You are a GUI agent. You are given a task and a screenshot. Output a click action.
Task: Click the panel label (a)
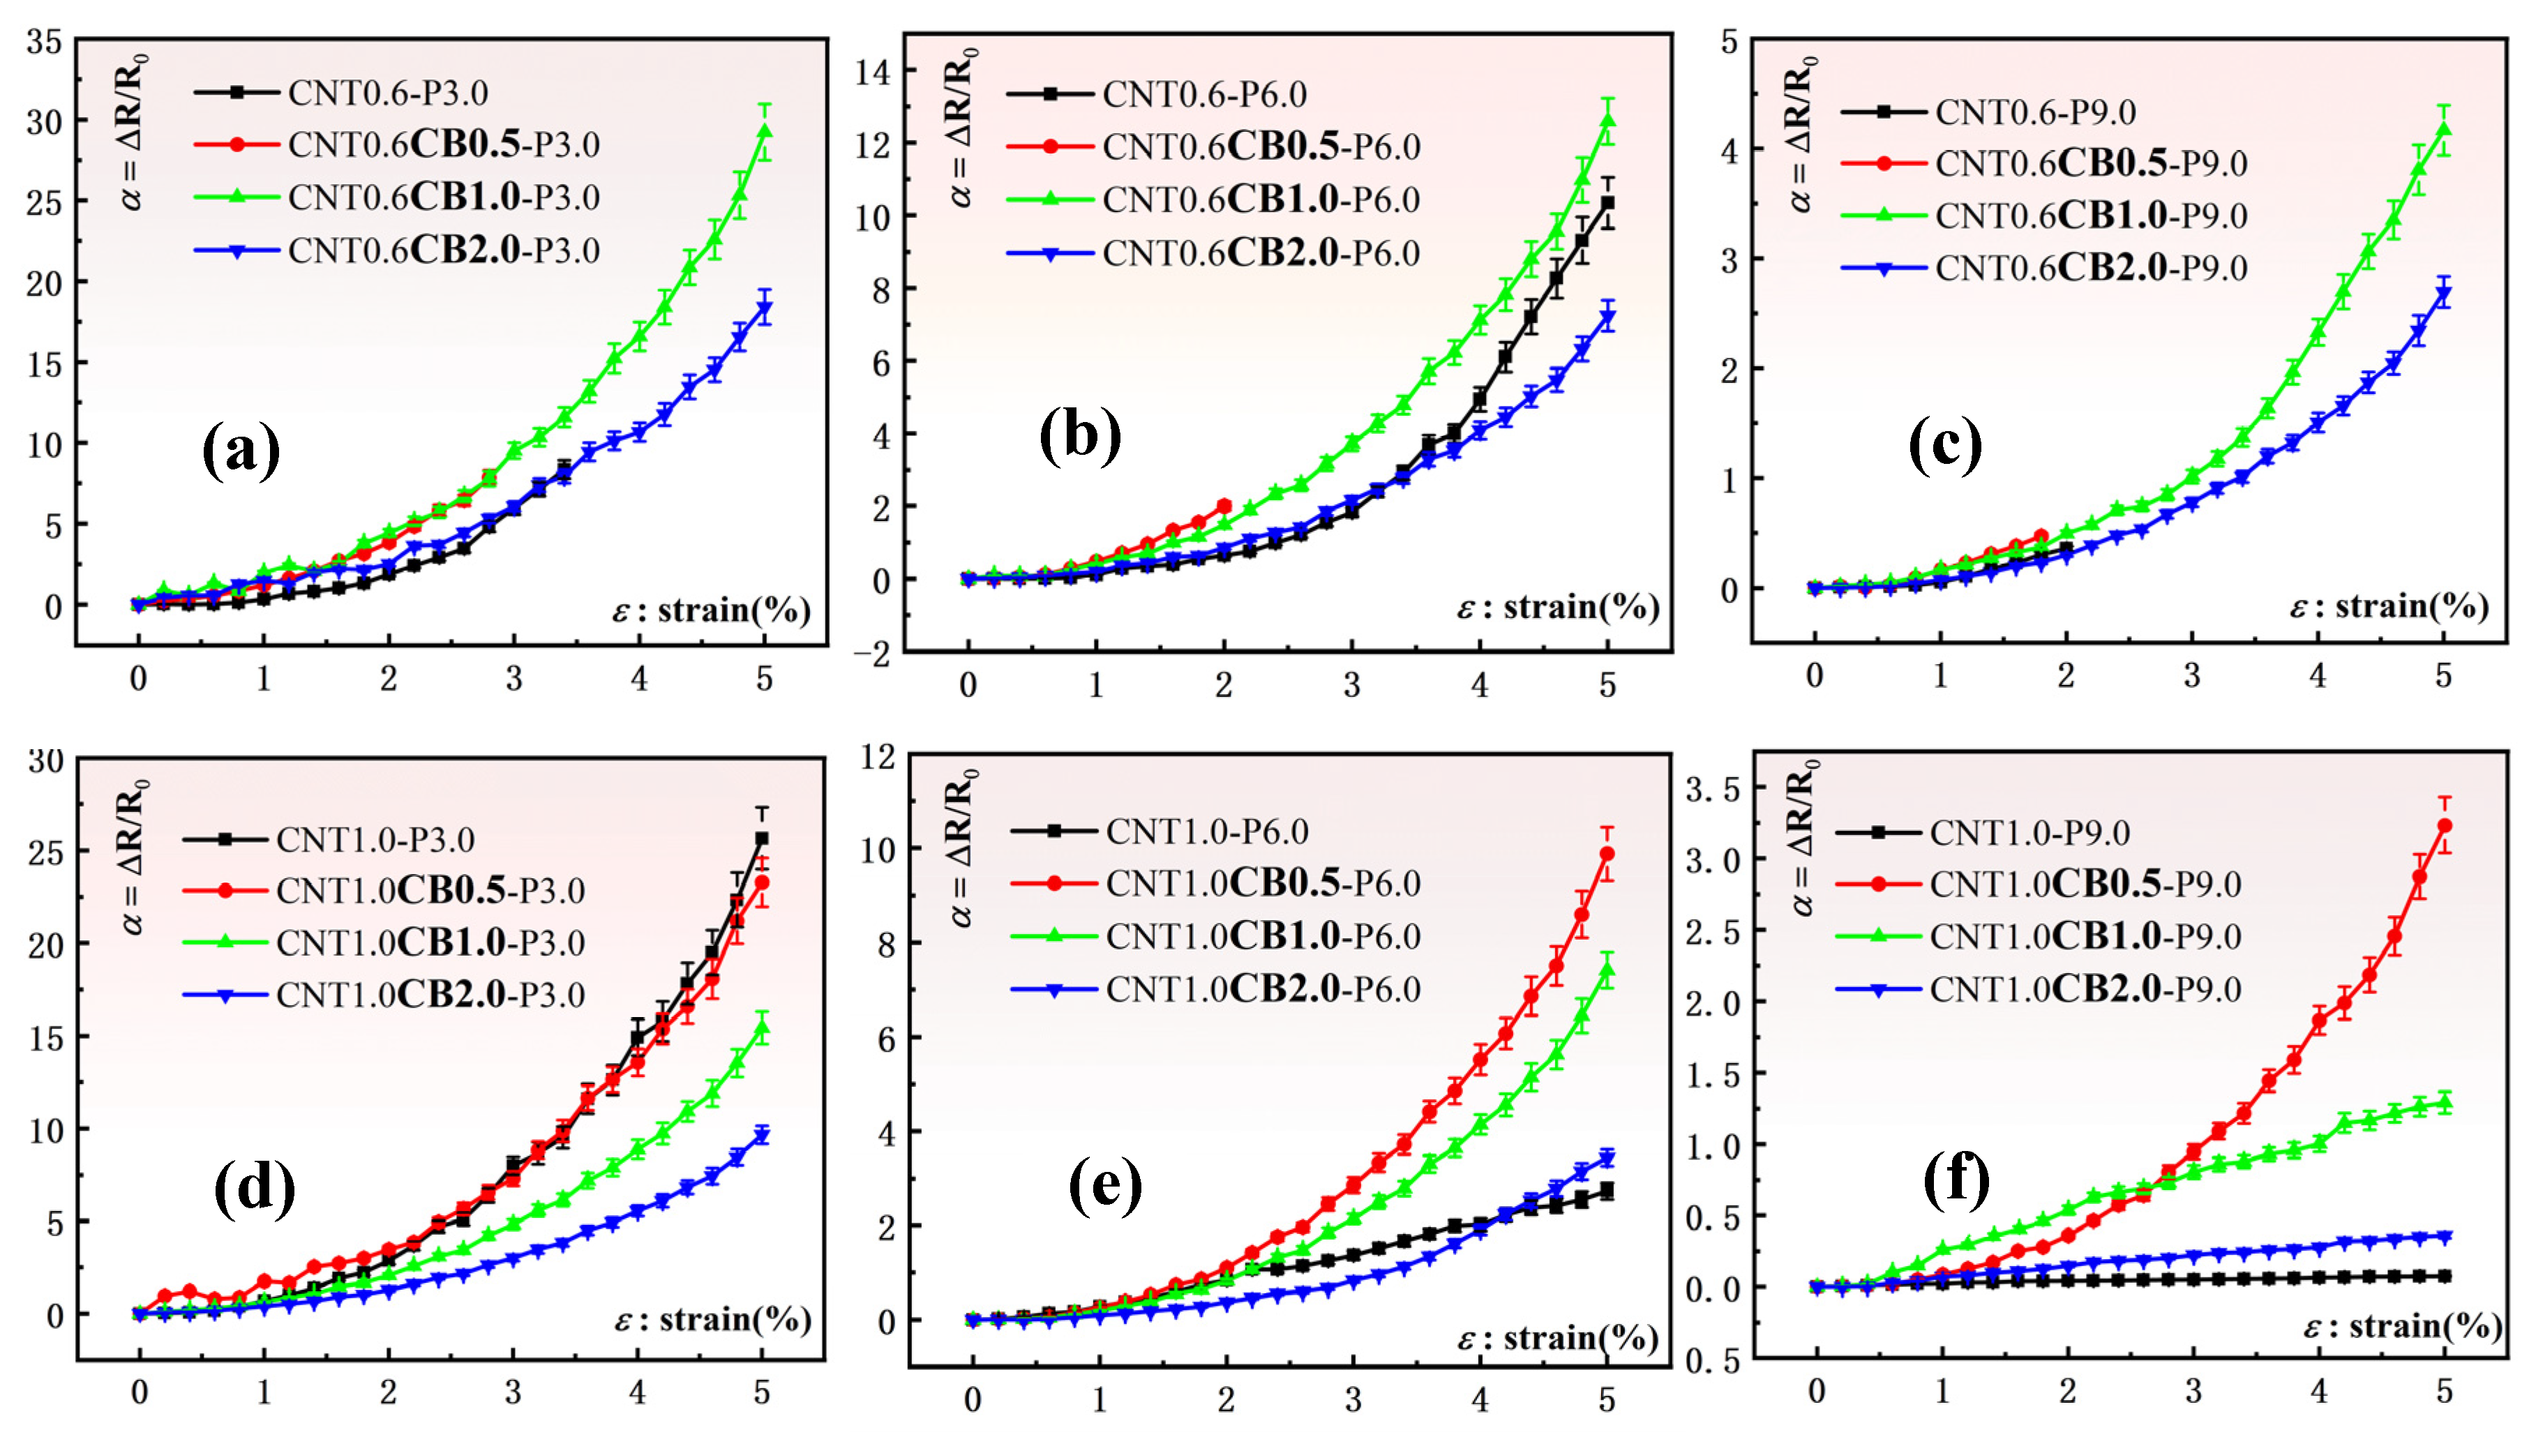[241, 451]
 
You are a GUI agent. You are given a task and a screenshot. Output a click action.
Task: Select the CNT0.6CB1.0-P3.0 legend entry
[443, 197]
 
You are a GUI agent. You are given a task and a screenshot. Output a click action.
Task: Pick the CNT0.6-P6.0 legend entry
[1204, 95]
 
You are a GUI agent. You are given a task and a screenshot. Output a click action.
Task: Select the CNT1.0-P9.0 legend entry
[2029, 833]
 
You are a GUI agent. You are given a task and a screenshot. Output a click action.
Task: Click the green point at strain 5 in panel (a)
[765, 131]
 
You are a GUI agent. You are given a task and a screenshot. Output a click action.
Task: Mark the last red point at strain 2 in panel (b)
[1224, 505]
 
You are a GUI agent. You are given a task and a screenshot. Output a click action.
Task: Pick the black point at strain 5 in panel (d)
[762, 839]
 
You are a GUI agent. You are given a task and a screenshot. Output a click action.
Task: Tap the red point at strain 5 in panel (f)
[2445, 825]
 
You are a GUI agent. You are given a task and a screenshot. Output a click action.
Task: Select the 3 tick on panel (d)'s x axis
[512, 1392]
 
